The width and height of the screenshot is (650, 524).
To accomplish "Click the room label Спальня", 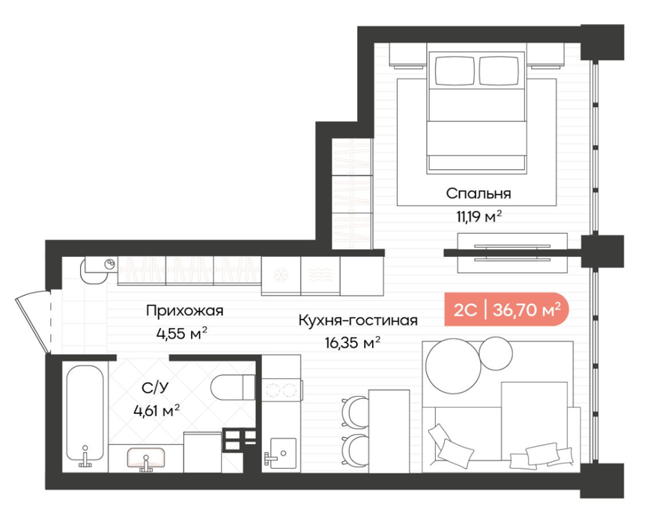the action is (x=479, y=194).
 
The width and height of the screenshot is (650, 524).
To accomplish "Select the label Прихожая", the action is (x=185, y=311).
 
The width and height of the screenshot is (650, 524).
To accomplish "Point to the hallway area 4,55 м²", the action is (x=181, y=333).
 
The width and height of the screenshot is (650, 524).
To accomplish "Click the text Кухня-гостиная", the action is (x=358, y=320).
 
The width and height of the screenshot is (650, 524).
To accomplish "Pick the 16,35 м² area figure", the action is (x=353, y=343).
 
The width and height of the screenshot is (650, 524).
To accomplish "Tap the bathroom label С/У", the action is (x=156, y=388).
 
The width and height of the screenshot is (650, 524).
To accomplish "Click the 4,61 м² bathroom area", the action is (x=157, y=411).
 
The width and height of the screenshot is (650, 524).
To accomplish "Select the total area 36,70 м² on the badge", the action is (x=527, y=309).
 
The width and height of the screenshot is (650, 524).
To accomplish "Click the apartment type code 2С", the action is (x=466, y=310).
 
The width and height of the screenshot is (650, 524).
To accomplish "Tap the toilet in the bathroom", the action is (x=233, y=387).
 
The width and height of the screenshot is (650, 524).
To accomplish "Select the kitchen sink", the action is (x=282, y=453).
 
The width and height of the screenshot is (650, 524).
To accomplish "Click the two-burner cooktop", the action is (x=281, y=389).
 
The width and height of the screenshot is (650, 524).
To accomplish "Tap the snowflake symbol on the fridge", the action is (x=281, y=274).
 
